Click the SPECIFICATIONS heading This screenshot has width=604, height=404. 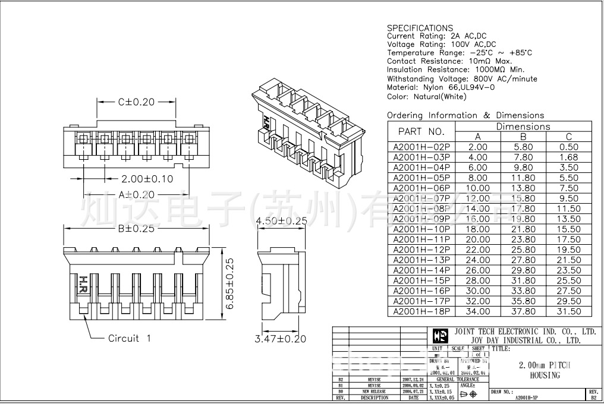tap(420, 28)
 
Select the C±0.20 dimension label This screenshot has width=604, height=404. tap(136, 102)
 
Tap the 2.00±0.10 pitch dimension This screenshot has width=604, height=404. tap(147, 179)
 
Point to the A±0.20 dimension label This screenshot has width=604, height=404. tap(136, 194)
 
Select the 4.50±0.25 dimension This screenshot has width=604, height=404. tap(281, 221)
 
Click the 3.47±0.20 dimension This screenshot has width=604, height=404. tap(281, 339)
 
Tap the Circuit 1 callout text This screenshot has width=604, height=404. tap(130, 338)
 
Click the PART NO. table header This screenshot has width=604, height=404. tap(421, 131)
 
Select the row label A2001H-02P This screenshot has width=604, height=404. tap(421, 147)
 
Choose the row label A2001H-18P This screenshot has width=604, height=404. tap(421, 311)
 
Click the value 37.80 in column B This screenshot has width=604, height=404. tap(523, 311)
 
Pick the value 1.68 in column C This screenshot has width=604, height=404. tap(569, 157)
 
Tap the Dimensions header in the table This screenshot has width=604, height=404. tap(523, 127)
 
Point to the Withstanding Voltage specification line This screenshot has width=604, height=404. tap(462, 78)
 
